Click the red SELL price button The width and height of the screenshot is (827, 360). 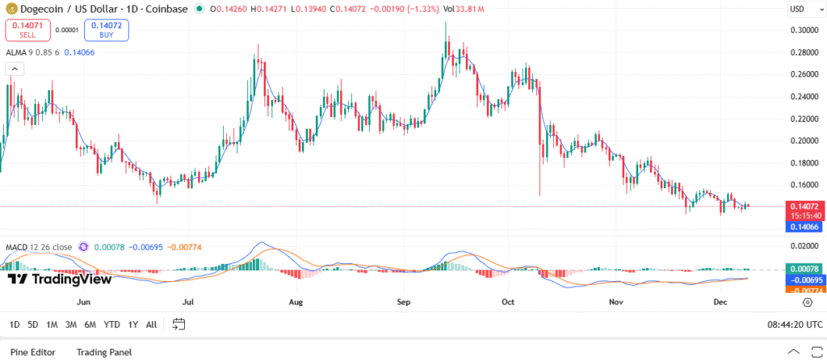click(28, 31)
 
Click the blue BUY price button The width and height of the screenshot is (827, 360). click(107, 31)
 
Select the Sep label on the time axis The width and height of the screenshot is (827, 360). click(405, 303)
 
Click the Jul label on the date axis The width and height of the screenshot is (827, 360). click(188, 303)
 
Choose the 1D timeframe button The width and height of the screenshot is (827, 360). click(14, 324)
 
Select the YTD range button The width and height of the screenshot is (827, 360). click(111, 324)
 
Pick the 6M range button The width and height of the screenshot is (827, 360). click(90, 324)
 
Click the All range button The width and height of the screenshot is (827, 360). click(151, 324)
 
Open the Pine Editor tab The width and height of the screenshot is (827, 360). click(33, 352)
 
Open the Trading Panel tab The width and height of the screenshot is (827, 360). click(103, 352)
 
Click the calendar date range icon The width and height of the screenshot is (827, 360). click(179, 324)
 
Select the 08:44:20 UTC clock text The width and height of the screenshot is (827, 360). click(795, 324)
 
